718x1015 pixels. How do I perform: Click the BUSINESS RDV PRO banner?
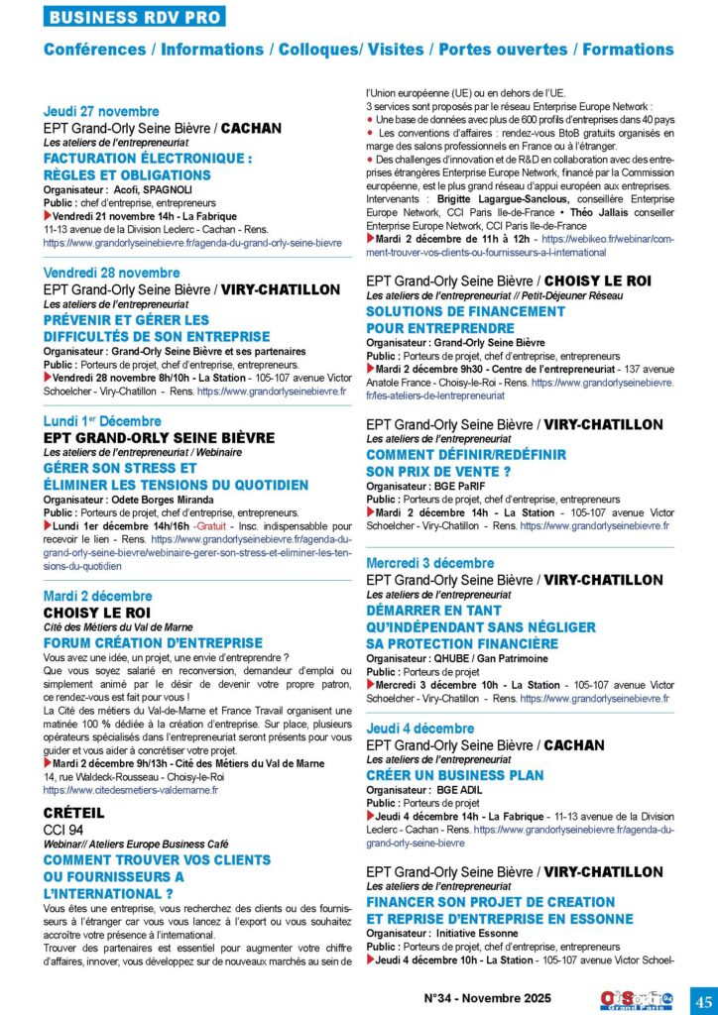coord(135,17)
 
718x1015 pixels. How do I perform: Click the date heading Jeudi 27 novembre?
coord(101,112)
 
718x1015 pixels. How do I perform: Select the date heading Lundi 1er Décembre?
coord(109,420)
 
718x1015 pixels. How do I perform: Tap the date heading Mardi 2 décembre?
coord(98,596)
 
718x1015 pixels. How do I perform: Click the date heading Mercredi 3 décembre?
coord(430,563)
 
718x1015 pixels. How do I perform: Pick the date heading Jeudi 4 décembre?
coord(420,729)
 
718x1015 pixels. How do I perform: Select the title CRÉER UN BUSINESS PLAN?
coord(455,774)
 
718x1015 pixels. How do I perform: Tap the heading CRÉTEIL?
coord(74,812)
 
